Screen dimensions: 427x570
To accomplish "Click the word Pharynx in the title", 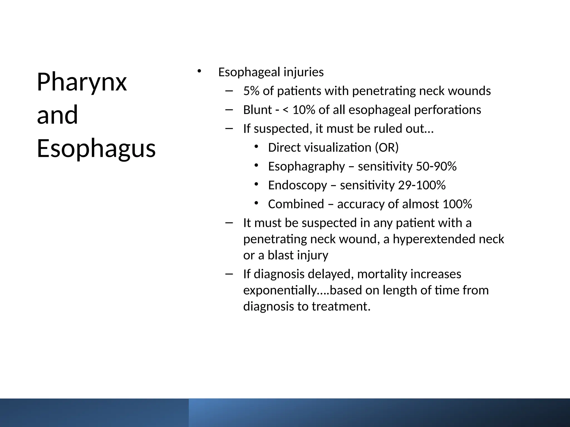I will coord(82,82).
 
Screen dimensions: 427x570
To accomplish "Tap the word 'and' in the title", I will coord(57,115).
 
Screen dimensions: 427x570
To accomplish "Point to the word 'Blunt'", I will coord(257,110).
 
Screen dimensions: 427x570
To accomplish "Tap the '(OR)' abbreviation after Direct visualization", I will coord(387,148).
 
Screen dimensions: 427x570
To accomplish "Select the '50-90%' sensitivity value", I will coord(436,167).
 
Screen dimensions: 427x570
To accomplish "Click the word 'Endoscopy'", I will coord(298,185).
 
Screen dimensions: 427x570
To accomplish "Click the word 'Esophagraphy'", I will coord(306,167).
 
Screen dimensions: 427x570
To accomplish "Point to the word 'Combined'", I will coord(296,204).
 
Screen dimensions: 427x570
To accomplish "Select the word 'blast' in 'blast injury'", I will coord(281,255).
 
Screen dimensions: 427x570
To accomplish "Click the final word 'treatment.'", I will coord(341,307).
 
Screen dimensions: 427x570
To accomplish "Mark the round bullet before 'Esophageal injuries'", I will coord(199,71).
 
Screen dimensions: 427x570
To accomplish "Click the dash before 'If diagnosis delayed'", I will coord(229,274).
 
